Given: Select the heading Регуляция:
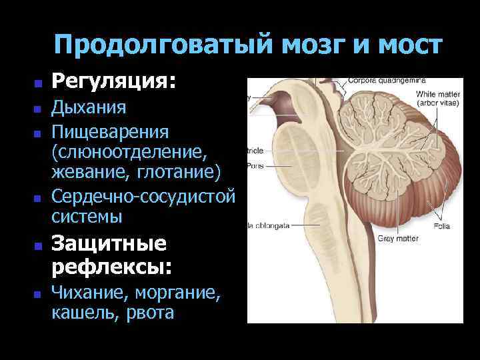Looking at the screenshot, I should click(x=115, y=82).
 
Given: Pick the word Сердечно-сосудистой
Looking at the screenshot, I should click(x=143, y=197).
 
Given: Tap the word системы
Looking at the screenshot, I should click(x=87, y=217).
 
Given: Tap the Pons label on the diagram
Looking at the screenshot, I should click(x=255, y=165).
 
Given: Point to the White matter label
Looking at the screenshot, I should click(x=434, y=95).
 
